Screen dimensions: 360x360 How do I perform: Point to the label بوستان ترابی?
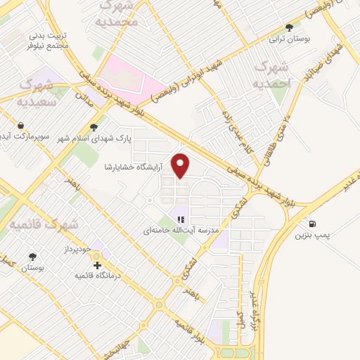pos(290,39)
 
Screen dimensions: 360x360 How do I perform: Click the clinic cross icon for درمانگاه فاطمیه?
pos(96,265)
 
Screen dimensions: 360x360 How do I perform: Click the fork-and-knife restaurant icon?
pos(180,218)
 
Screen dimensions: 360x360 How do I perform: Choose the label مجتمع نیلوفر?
pos(48,44)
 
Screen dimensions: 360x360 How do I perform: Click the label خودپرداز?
pos(75,250)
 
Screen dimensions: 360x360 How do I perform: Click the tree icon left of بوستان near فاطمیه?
pos(32,257)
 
